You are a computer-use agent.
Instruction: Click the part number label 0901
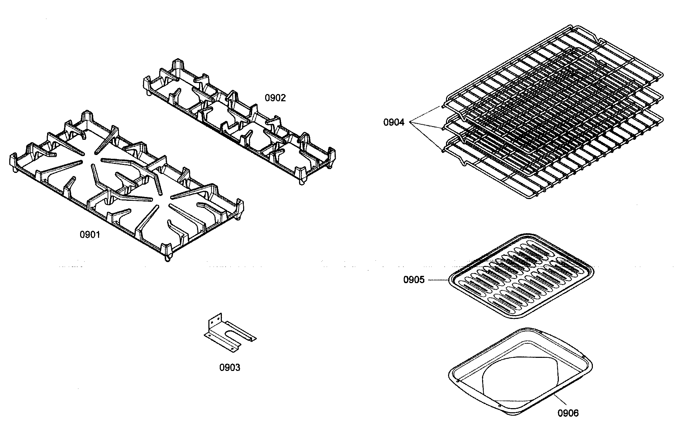(90, 235)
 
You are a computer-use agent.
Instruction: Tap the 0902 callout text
(275, 98)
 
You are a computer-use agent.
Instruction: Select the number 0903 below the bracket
(230, 367)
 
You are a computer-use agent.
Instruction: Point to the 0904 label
(394, 122)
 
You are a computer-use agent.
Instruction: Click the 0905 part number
(414, 280)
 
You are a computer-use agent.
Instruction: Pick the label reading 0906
(568, 413)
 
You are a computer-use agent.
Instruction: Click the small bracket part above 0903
(229, 332)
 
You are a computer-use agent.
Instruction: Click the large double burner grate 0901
(127, 183)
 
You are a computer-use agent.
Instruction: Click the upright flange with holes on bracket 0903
(214, 322)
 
